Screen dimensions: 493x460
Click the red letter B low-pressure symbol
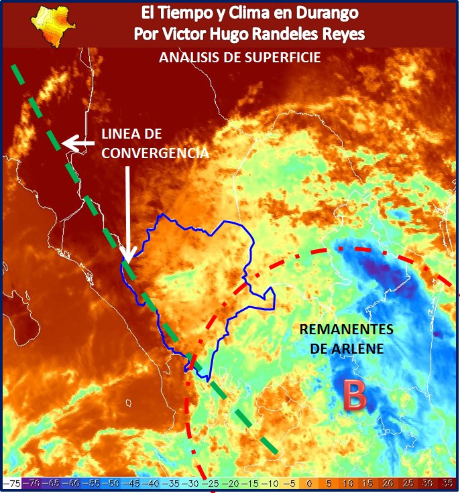click(355, 395)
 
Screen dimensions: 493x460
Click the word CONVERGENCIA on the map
click(155, 152)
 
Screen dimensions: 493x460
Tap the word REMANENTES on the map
click(346, 330)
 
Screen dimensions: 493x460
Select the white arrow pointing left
click(78, 143)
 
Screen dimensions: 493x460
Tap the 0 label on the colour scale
click(309, 483)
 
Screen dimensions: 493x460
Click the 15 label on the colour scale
click(367, 483)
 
